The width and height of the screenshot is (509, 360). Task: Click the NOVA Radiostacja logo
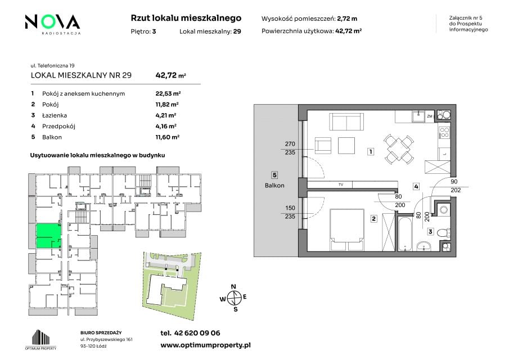point(53,24)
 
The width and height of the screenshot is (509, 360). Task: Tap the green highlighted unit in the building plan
point(48,236)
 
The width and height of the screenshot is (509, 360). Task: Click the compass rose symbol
point(234,298)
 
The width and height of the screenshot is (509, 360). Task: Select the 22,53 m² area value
point(168,93)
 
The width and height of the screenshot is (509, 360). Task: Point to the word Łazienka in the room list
point(54,115)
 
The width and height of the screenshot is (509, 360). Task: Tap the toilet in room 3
point(443,233)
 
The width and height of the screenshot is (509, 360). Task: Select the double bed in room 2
point(346,230)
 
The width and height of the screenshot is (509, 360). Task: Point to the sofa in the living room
point(346,121)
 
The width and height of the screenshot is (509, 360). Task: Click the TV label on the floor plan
point(341,184)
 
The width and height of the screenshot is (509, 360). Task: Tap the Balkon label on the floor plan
point(274,186)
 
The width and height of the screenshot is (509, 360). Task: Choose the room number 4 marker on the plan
point(416,186)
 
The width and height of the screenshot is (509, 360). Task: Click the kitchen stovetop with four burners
point(444,133)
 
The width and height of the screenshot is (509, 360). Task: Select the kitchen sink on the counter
point(418,115)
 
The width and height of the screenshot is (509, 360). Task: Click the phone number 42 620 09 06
point(197,333)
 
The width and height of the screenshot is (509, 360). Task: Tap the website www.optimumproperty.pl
point(205,345)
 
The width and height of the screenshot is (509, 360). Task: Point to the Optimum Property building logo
point(40,340)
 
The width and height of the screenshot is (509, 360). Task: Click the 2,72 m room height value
point(347,19)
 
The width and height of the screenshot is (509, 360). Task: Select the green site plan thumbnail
point(172,284)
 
